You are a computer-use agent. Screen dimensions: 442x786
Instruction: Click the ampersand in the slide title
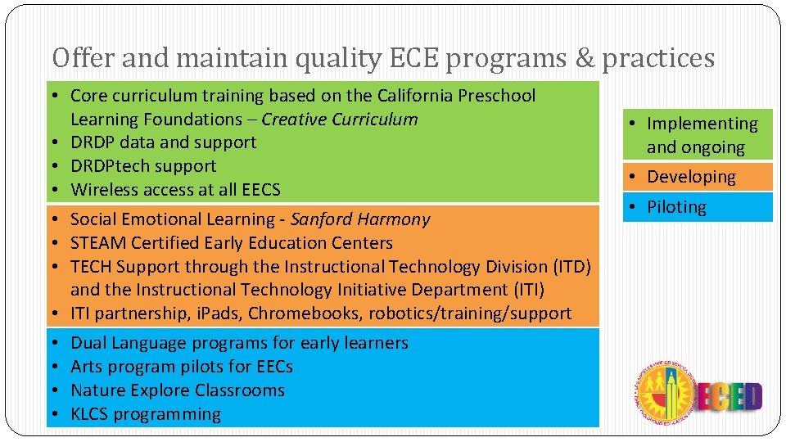pos(585,58)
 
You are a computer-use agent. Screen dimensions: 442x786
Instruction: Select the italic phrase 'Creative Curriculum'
pos(340,120)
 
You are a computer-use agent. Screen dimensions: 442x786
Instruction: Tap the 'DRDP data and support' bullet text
pos(164,142)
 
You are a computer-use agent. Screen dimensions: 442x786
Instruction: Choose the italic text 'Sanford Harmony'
pos(360,219)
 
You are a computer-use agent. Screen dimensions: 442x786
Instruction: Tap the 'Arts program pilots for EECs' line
pos(182,367)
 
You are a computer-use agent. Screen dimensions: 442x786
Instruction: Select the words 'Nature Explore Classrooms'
pos(178,390)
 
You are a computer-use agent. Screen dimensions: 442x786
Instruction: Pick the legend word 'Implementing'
pos(702,124)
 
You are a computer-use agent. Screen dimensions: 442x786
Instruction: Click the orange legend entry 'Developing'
pos(691,177)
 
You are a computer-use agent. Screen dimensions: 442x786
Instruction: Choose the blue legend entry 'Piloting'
pos(676,207)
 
